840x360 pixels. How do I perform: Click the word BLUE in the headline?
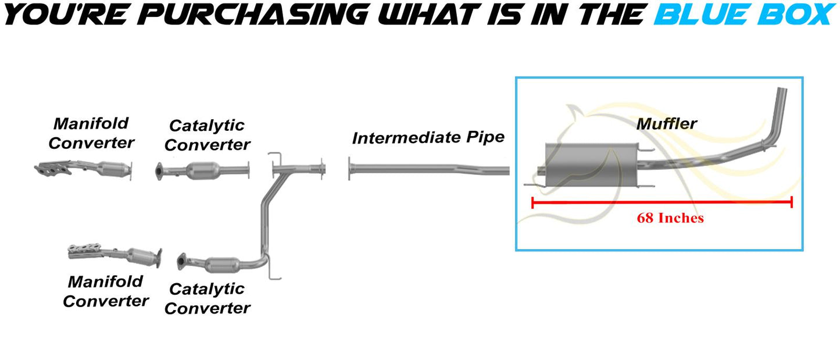tap(702, 15)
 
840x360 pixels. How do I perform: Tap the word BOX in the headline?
tap(796, 15)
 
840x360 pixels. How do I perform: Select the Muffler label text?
tap(666, 124)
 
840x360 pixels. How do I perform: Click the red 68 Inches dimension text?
tap(670, 218)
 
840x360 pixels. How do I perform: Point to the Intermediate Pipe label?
tap(428, 138)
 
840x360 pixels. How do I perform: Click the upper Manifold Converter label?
tap(91, 133)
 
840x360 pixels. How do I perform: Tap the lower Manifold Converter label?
tap(106, 291)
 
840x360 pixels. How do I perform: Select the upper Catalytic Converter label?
tap(207, 135)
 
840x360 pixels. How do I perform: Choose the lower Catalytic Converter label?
tap(207, 298)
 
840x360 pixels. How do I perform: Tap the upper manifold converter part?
tap(83, 170)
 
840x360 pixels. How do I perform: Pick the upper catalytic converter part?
tap(202, 171)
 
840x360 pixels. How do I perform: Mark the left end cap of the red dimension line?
tap(532, 203)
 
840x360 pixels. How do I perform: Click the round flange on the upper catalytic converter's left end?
tap(159, 172)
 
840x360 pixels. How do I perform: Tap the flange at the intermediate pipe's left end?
tap(349, 169)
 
